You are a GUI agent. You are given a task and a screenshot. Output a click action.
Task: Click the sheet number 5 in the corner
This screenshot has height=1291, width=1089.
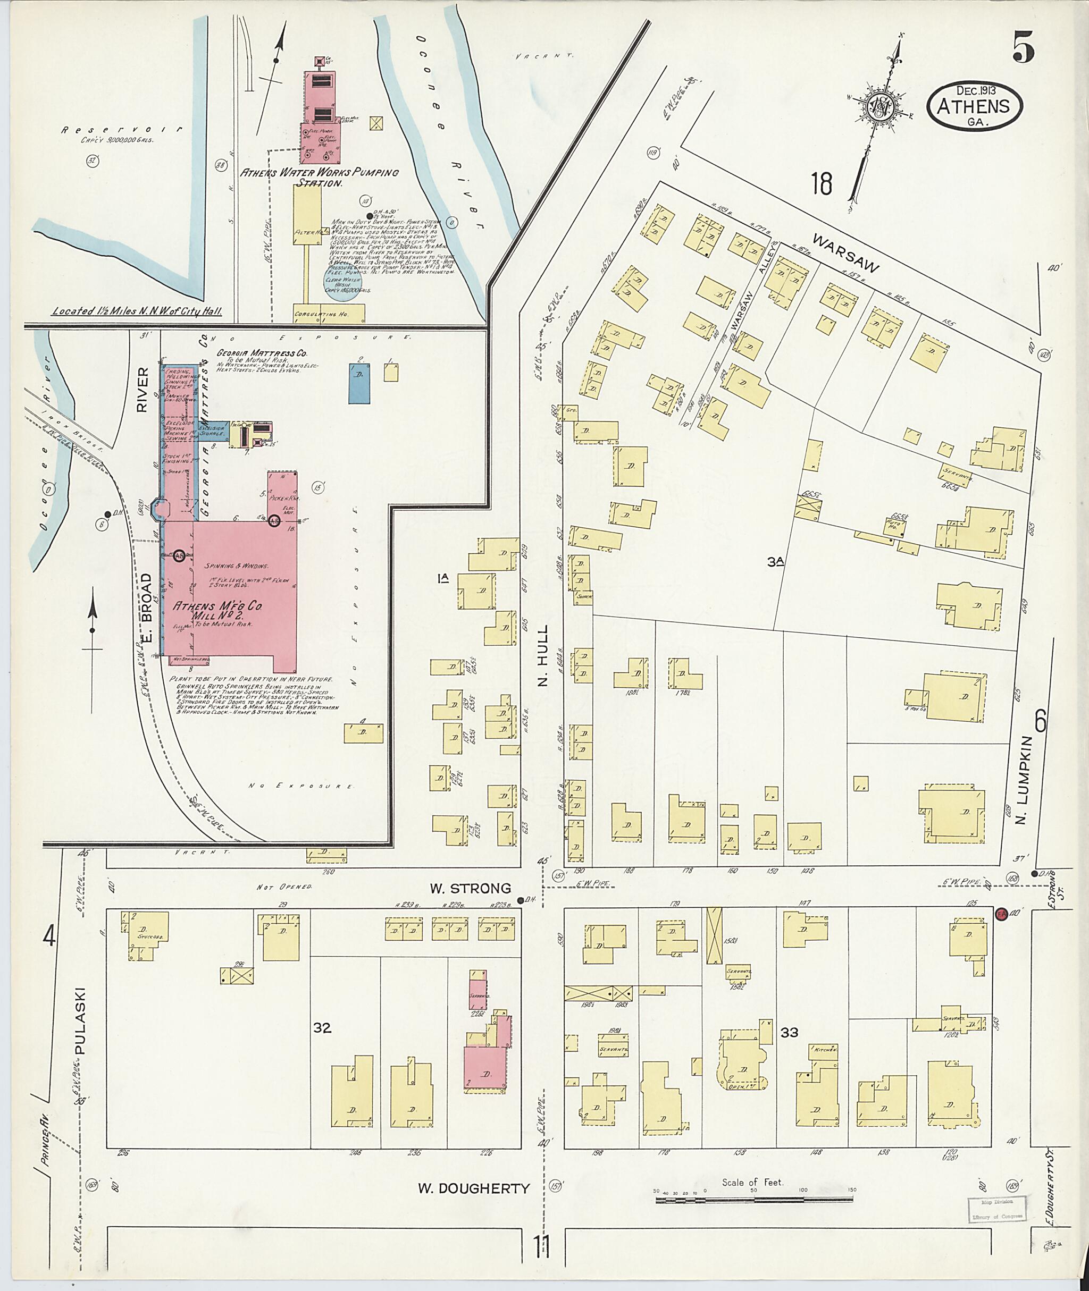pos(1023,49)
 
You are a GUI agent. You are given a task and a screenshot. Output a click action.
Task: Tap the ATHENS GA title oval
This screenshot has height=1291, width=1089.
pos(974,106)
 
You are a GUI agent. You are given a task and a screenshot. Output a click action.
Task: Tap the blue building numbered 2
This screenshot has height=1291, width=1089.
pos(359,383)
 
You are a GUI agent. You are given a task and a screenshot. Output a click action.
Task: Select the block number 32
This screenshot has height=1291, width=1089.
pos(322,1027)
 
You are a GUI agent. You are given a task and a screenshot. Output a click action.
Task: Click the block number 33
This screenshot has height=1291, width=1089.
pos(790,1031)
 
